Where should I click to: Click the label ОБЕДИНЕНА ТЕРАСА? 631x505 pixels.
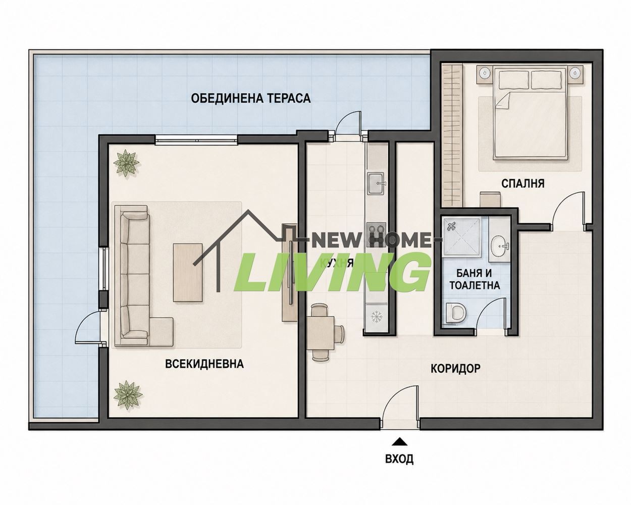pos(251,98)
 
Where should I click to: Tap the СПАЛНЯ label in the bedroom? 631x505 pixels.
pos(523,183)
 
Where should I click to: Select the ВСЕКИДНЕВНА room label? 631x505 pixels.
pos(204,364)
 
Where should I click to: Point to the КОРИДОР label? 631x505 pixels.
pos(455,368)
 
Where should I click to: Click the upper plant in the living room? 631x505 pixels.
pos(126,163)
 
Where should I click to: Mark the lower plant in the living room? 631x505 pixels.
pos(128,395)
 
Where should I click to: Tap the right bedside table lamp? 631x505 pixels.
pos(575,71)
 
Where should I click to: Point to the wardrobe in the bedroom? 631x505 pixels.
pos(452,135)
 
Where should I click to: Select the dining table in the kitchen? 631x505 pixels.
pos(321,333)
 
